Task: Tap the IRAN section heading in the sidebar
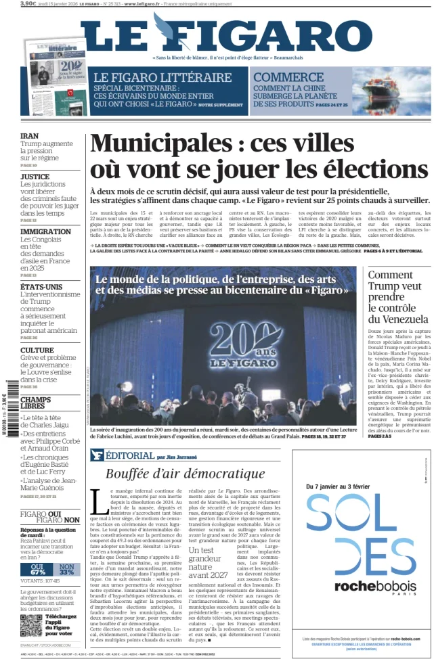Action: [29, 135]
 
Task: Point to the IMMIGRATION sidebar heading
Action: [45, 231]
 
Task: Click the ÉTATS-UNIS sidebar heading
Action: [41, 286]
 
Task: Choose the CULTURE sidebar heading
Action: [37, 350]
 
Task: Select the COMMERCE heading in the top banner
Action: [288, 77]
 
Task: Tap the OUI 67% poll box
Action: [38, 570]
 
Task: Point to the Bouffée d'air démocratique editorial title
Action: [185, 473]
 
